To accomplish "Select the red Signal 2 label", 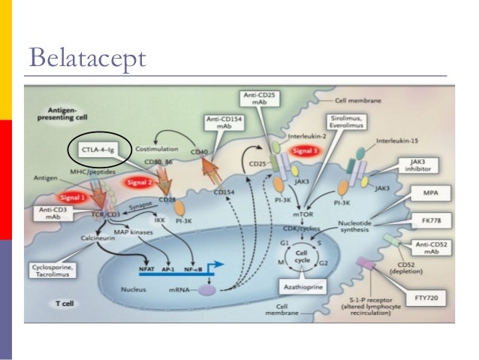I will tap(140, 181).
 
